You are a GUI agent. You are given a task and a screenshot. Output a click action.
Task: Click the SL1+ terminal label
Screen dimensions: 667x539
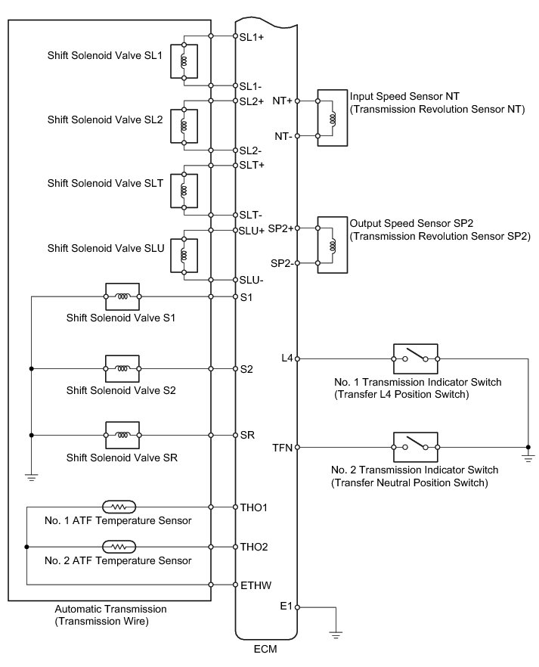click(251, 36)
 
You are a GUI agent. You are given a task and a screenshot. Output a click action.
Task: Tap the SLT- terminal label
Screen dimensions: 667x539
click(251, 215)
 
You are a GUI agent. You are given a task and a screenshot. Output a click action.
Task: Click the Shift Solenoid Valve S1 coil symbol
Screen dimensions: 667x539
click(122, 296)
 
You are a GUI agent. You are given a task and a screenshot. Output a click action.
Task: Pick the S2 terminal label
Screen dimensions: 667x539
click(246, 368)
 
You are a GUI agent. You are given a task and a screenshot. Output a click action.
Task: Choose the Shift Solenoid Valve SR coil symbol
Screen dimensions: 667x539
click(122, 436)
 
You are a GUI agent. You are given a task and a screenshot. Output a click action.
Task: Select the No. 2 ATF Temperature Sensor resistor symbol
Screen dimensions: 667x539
click(119, 546)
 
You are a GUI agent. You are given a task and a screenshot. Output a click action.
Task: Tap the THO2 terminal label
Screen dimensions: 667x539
click(254, 546)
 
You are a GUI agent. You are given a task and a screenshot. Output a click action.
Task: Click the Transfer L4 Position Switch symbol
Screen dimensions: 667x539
click(415, 358)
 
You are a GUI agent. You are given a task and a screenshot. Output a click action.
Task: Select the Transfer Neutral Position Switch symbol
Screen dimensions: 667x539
click(415, 447)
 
